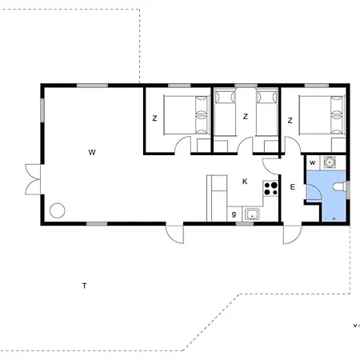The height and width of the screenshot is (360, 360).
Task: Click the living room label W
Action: [92, 152]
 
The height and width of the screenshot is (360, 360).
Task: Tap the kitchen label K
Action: [245, 182]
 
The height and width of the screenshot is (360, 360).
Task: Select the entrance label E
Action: [293, 187]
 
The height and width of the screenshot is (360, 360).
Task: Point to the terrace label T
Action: [85, 286]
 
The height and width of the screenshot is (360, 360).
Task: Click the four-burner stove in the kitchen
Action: [270, 188]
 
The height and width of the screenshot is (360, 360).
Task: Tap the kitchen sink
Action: [252, 214]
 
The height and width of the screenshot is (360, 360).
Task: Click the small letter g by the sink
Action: [234, 214]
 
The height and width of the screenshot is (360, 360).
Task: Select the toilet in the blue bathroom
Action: [339, 186]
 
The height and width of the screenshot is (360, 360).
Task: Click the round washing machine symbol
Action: [330, 162]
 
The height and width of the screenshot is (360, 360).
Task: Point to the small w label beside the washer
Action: [313, 162]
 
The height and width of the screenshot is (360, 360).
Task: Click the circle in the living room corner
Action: [58, 210]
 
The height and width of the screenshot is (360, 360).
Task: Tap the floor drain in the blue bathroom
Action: [334, 218]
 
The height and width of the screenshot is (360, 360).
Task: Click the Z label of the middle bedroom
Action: [246, 117]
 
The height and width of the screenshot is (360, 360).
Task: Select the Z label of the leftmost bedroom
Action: [154, 118]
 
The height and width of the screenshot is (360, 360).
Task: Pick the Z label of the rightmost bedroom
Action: [290, 121]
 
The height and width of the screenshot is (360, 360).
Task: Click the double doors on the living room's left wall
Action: [34, 179]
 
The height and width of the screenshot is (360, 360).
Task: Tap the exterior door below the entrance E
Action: [292, 234]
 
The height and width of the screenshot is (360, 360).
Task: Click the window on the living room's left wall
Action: [42, 110]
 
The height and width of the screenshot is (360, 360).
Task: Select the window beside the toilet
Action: [348, 190]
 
